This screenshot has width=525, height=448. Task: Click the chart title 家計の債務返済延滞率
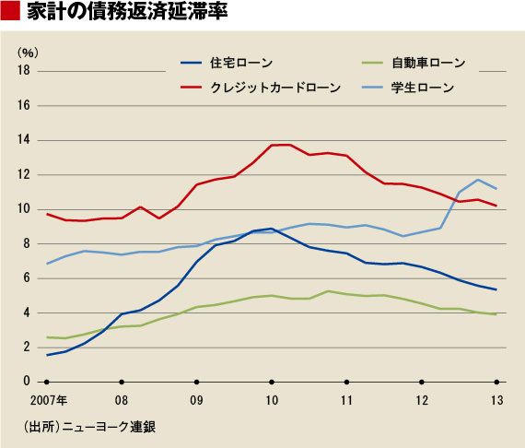(x=127, y=11)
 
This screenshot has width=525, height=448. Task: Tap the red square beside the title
(x=10, y=11)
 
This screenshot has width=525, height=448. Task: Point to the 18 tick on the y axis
(x=24, y=70)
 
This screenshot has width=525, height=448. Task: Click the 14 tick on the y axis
(x=24, y=139)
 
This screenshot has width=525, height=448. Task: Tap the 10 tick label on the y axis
(x=24, y=208)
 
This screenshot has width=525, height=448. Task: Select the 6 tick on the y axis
(x=27, y=277)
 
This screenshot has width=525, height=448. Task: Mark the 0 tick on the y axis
(x=27, y=381)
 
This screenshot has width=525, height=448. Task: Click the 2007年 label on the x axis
(x=49, y=400)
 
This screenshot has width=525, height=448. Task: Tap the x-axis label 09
(x=196, y=400)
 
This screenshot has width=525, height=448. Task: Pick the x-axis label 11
(x=347, y=400)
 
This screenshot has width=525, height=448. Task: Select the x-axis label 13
(x=496, y=400)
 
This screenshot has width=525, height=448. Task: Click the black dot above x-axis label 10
(x=272, y=382)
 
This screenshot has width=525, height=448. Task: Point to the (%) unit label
(x=28, y=53)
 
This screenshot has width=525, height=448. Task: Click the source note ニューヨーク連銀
(x=109, y=427)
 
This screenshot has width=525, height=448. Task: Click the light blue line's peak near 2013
(x=478, y=180)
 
